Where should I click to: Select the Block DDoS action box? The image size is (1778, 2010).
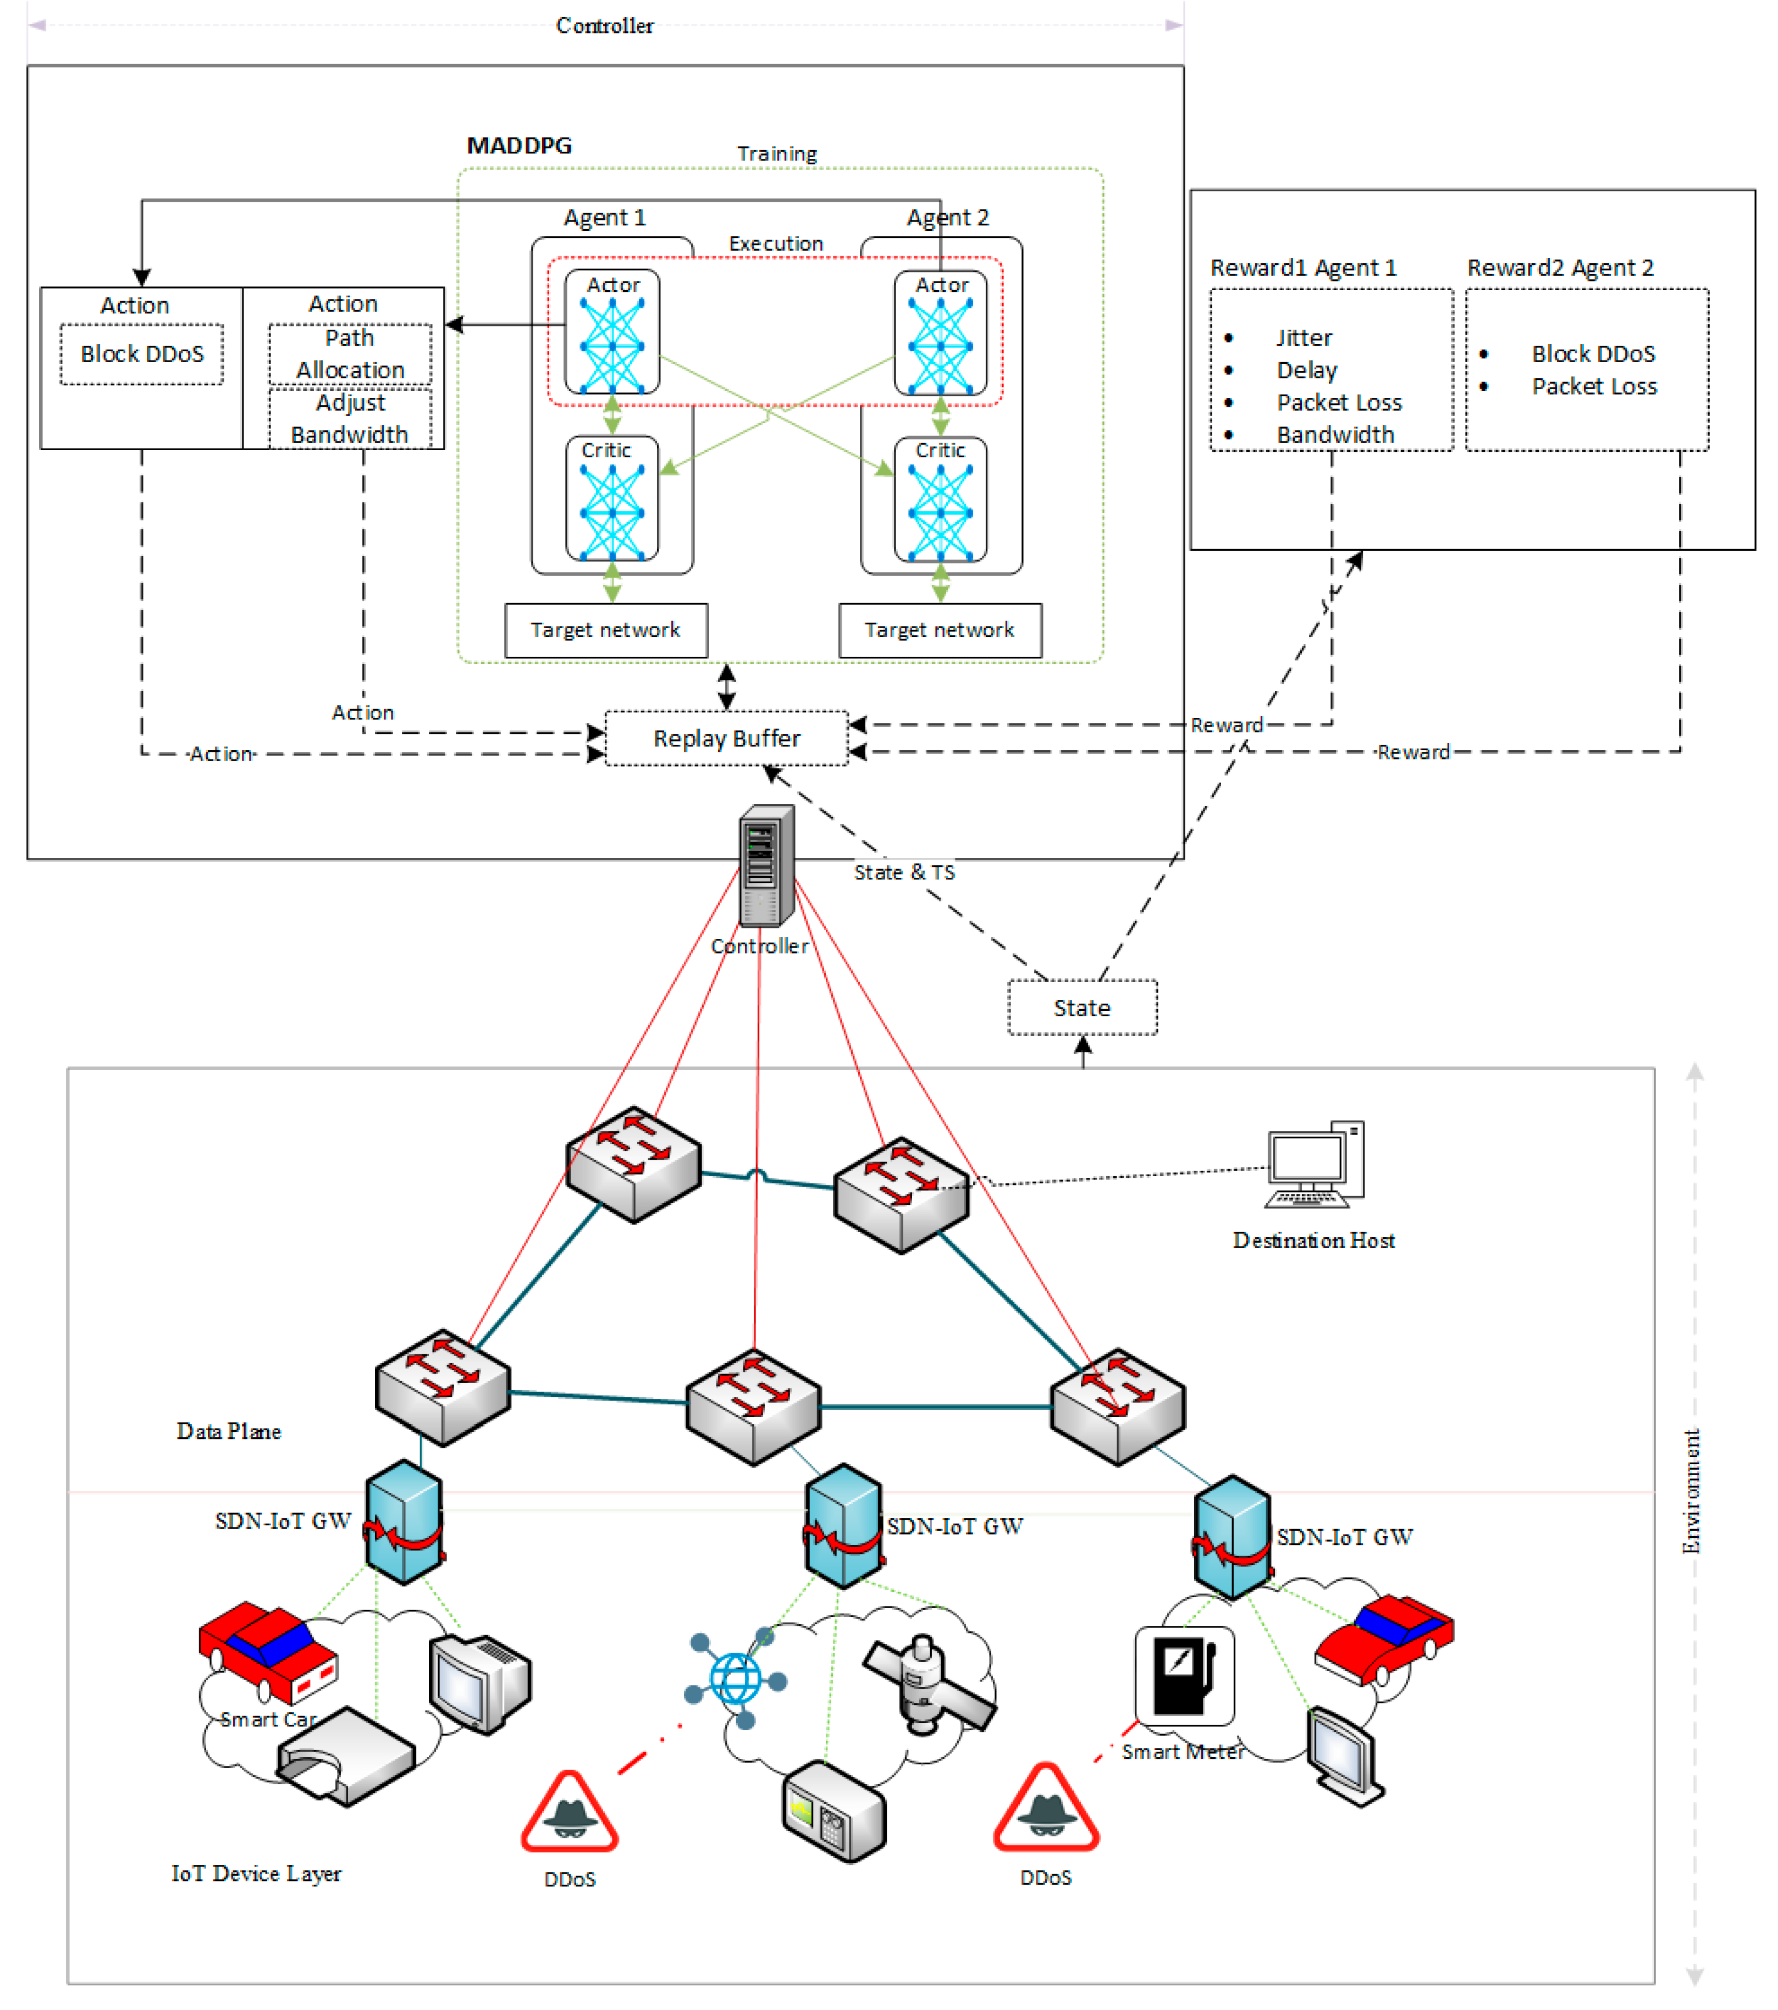pyautogui.click(x=142, y=354)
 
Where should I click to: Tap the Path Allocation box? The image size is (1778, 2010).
pyautogui.click(x=350, y=354)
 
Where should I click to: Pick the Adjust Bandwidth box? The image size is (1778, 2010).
pyautogui.click(x=350, y=419)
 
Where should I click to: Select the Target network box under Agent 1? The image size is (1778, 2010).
pyautogui.click(x=606, y=630)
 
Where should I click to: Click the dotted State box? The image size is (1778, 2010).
pyautogui.click(x=1082, y=1008)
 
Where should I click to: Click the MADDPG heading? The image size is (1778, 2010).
pyautogui.click(x=518, y=146)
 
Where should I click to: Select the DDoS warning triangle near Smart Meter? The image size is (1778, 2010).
pyautogui.click(x=1045, y=1809)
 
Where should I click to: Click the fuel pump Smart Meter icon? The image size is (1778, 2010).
pyautogui.click(x=1184, y=1676)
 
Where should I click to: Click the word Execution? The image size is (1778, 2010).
pyautogui.click(x=775, y=244)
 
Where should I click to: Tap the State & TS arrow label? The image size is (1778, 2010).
pyautogui.click(x=903, y=872)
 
